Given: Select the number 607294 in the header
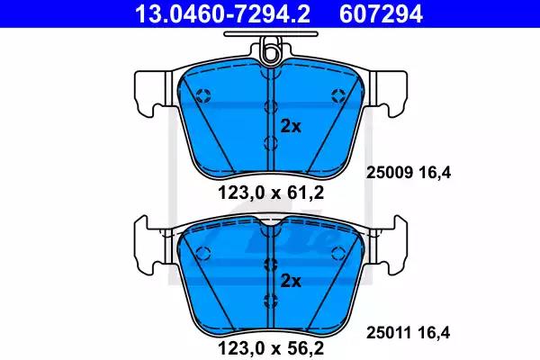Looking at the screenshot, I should pos(364,13).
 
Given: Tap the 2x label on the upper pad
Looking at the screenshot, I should pos(290,126).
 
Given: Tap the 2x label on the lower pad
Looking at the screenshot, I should pos(290,280).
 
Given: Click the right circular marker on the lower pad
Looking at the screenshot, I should pos(337,251).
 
